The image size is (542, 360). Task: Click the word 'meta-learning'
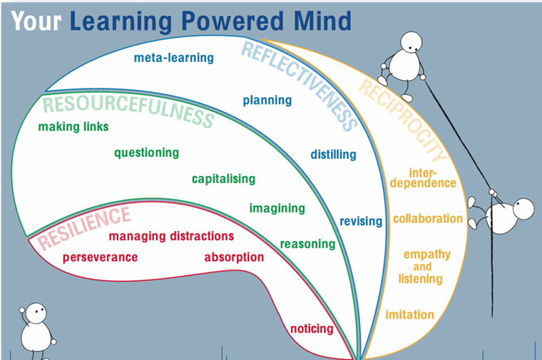pyautogui.click(x=173, y=58)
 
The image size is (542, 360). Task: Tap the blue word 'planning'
pyautogui.click(x=267, y=101)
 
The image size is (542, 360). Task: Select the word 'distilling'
pyautogui.click(x=333, y=155)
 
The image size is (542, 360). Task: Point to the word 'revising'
pyautogui.click(x=361, y=221)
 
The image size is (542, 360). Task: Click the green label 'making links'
pyautogui.click(x=73, y=127)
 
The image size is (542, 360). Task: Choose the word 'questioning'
pyautogui.click(x=147, y=153)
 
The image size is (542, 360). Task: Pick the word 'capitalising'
pyautogui.click(x=224, y=179)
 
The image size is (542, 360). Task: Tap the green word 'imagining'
pyautogui.click(x=277, y=208)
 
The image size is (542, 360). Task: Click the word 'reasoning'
pyautogui.click(x=307, y=245)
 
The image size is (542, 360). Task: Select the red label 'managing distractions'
pyautogui.click(x=171, y=236)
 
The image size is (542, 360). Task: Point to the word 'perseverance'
pyautogui.click(x=101, y=257)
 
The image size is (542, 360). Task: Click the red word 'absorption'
pyautogui.click(x=234, y=257)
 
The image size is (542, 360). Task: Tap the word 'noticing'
pyautogui.click(x=312, y=329)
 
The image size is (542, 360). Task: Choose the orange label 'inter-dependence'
pyautogui.click(x=423, y=178)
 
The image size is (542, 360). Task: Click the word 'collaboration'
pyautogui.click(x=428, y=219)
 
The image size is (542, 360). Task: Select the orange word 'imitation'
pyautogui.click(x=409, y=315)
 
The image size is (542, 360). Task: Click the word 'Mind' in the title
pyautogui.click(x=322, y=21)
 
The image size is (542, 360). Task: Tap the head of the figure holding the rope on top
pyautogui.click(x=411, y=42)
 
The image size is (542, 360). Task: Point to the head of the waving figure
pyautogui.click(x=36, y=313)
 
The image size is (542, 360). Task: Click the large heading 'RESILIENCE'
pyautogui.click(x=84, y=227)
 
